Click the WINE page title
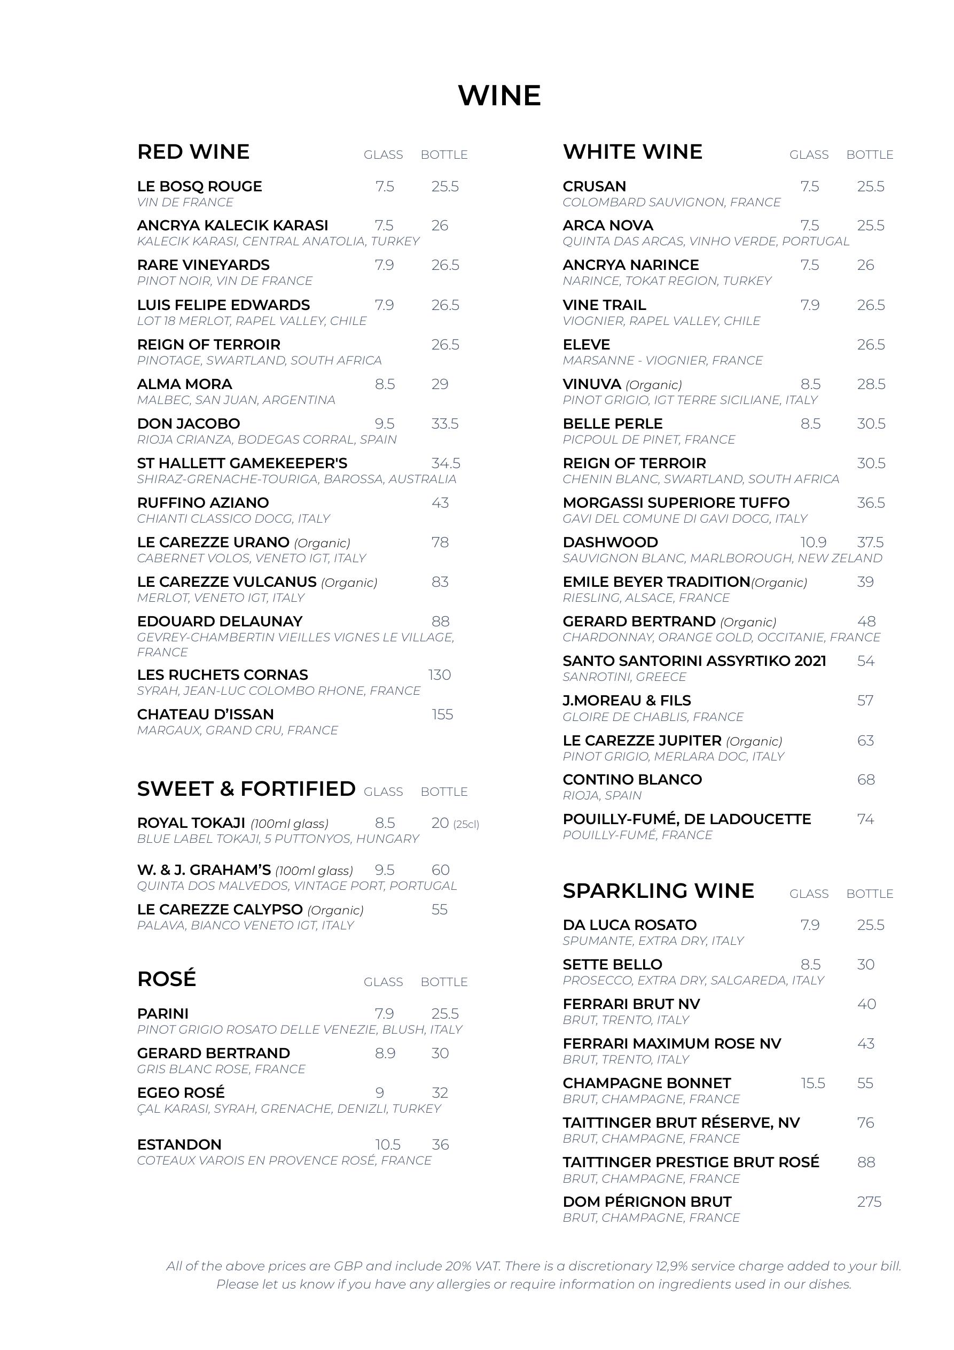[x=499, y=95]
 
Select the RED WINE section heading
[x=193, y=152]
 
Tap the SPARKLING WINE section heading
[x=658, y=891]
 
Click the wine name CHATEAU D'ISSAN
[x=205, y=715]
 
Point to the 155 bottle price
[x=442, y=715]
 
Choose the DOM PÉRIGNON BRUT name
[x=646, y=1202]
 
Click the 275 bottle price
[x=869, y=1202]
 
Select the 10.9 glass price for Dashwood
[x=813, y=542]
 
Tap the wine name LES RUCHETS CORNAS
[x=222, y=675]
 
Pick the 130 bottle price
[x=440, y=675]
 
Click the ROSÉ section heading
[x=166, y=979]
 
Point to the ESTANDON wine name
[x=179, y=1145]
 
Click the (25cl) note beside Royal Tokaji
[x=466, y=824]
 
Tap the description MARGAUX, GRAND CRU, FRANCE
[x=238, y=730]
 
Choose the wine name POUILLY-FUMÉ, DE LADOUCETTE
[x=686, y=819]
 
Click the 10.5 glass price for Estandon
[x=388, y=1145]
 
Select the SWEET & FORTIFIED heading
[x=246, y=789]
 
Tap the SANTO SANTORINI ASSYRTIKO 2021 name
[x=694, y=661]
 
